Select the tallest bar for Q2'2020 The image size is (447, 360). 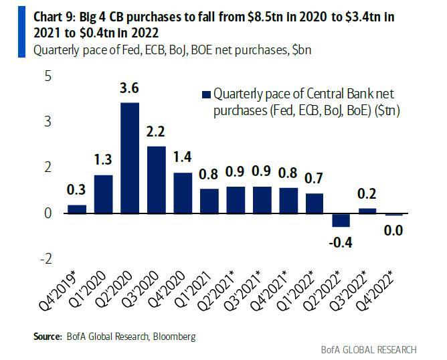129,158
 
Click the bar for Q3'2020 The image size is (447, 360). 155,179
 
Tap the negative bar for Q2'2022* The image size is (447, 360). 341,220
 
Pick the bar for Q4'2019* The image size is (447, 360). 77,209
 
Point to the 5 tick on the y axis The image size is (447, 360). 47,76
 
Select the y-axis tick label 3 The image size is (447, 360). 47,122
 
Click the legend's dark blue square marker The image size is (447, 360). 205,94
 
